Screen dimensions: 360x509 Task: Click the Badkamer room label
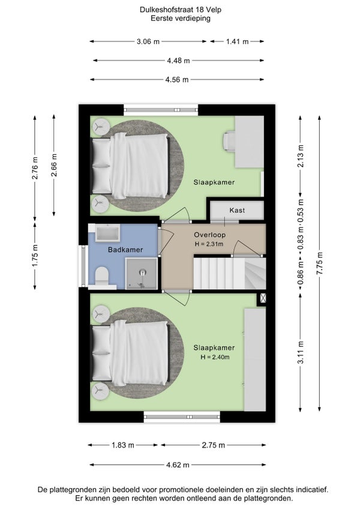pyautogui.click(x=125, y=250)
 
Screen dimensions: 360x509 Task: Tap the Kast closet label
pyautogui.click(x=237, y=210)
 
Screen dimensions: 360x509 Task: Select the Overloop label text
pyautogui.click(x=210, y=235)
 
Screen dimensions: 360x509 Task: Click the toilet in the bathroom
pyautogui.click(x=102, y=276)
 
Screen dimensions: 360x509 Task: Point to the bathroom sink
pyautogui.click(x=107, y=233)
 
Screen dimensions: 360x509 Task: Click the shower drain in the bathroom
pyautogui.click(x=143, y=273)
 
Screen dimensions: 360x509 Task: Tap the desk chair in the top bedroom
pyautogui.click(x=229, y=141)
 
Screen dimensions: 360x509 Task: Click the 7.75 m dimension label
pyautogui.click(x=319, y=263)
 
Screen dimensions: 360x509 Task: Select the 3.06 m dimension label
pyautogui.click(x=148, y=41)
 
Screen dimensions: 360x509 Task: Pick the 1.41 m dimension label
pyautogui.click(x=237, y=41)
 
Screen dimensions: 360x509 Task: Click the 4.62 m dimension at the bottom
pyautogui.click(x=178, y=465)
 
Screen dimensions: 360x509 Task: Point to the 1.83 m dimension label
pyautogui.click(x=123, y=445)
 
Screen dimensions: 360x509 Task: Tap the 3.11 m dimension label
pyautogui.click(x=301, y=352)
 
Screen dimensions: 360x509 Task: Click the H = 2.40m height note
pyautogui.click(x=215, y=357)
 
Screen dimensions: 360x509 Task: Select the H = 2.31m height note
pyautogui.click(x=209, y=244)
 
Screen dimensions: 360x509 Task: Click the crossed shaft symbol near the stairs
pyautogui.click(x=263, y=298)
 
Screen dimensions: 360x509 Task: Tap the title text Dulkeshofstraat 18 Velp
pyautogui.click(x=181, y=10)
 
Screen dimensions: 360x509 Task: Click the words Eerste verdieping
pyautogui.click(x=181, y=18)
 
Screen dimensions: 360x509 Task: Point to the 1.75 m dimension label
pyautogui.click(x=35, y=256)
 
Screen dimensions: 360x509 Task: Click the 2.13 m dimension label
pyautogui.click(x=301, y=156)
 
